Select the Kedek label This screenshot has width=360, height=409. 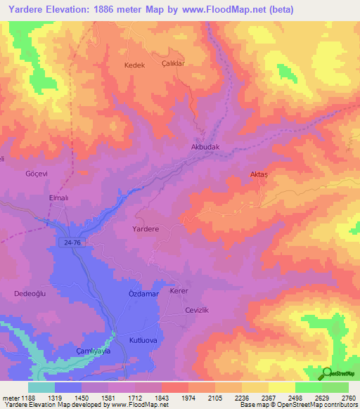tap(134, 65)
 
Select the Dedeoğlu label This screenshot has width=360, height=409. tap(30, 294)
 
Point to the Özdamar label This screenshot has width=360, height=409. tap(145, 293)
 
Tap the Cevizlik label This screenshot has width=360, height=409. tap(197, 310)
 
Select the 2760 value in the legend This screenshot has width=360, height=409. tap(349, 397)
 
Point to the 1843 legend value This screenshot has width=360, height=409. tap(162, 397)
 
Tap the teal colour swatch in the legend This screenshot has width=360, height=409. tap(41, 387)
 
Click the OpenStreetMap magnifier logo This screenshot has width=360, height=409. tap(327, 372)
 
